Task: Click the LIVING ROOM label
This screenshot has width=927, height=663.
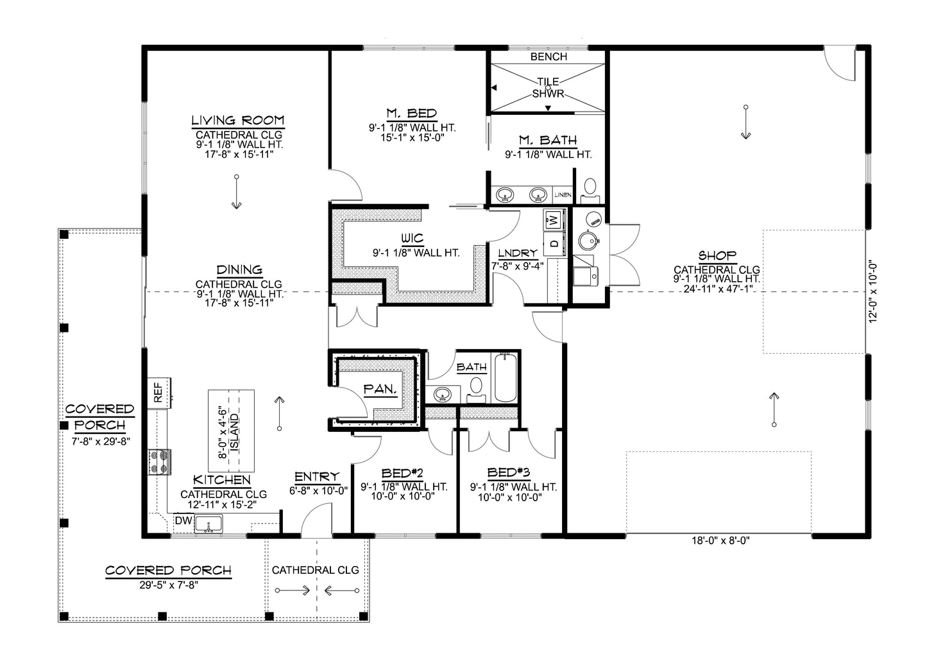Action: (237, 121)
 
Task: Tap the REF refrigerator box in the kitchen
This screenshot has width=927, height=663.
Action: (158, 391)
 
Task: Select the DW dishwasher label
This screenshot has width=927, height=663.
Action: (182, 522)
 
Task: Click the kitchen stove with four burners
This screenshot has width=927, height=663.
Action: (160, 461)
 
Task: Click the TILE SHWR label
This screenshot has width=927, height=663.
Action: (547, 87)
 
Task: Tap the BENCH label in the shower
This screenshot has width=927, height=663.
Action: (549, 56)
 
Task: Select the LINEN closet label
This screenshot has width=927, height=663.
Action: (562, 194)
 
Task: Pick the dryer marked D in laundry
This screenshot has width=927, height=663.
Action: (554, 243)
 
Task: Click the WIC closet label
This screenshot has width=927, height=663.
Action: (412, 239)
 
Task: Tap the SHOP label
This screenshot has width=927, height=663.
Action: (717, 255)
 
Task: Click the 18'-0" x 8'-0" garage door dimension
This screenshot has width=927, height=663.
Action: (717, 540)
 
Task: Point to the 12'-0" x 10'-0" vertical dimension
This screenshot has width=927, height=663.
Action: (872, 293)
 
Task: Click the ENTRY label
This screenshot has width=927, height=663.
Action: (316, 477)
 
